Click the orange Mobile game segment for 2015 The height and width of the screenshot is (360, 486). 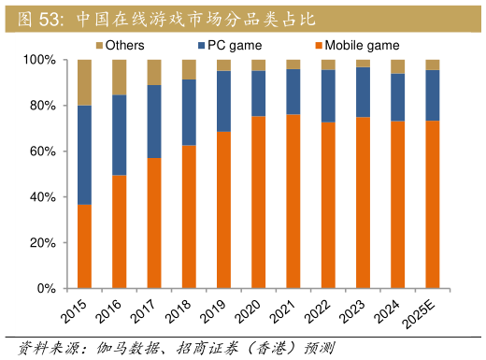(84, 246)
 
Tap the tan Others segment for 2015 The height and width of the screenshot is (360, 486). (84, 82)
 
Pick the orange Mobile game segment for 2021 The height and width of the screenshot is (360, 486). (293, 201)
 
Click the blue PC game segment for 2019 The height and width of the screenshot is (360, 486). (223, 101)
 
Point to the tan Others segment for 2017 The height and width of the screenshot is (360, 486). (154, 72)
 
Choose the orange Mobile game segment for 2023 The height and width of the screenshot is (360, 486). (363, 202)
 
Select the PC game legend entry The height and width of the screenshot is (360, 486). (228, 45)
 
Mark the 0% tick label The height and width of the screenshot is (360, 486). (46, 289)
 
